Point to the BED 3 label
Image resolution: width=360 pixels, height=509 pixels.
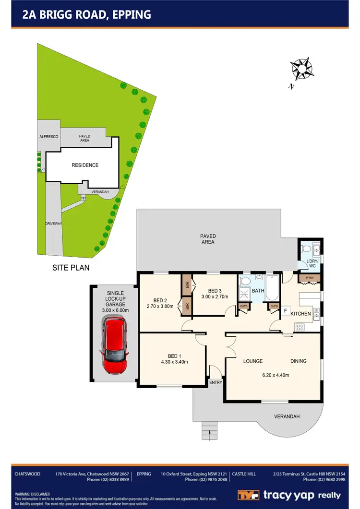[215, 291]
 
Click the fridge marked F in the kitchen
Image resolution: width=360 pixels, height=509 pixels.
[285, 311]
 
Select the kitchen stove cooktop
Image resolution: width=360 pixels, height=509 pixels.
[300, 327]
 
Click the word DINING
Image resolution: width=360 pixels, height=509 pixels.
[298, 361]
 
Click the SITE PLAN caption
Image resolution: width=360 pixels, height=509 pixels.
[71, 268]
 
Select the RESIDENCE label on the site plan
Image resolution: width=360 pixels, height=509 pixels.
[85, 165]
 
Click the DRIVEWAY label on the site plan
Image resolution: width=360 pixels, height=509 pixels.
[53, 224]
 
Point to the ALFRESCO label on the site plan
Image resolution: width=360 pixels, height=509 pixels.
[48, 137]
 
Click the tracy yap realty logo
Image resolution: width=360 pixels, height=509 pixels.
[289, 495]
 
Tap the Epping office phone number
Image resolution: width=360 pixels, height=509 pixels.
[206, 479]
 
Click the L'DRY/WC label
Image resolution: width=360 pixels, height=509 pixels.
[312, 263]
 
